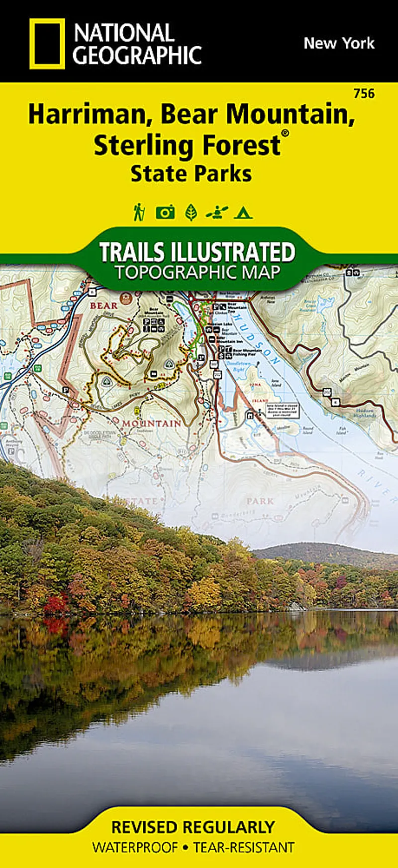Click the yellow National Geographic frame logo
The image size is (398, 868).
[47, 43]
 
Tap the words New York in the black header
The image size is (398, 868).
[339, 43]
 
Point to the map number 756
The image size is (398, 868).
[364, 93]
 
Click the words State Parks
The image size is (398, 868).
[191, 174]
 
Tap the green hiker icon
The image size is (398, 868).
[139, 212]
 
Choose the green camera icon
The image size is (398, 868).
[165, 213]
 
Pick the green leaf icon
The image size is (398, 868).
[191, 213]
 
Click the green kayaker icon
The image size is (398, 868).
[216, 213]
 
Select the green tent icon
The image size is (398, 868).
[243, 213]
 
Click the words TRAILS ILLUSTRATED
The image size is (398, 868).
[197, 252]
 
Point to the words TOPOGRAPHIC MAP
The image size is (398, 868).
[197, 273]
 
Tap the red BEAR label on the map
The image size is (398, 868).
[103, 305]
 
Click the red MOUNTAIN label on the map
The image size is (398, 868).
[152, 424]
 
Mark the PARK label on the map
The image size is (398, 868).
[260, 501]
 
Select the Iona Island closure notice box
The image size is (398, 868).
[282, 411]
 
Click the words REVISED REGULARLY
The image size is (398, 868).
[193, 828]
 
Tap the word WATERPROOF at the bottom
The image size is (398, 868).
[135, 848]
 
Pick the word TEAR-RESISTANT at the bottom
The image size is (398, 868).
[244, 848]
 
